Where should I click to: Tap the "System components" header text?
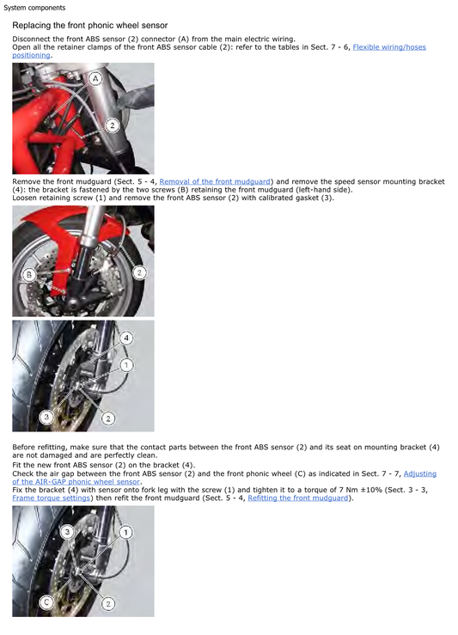coord(34,8)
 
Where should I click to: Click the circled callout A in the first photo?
coord(95,78)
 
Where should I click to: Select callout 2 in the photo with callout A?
coord(112,125)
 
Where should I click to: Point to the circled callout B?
coord(29,275)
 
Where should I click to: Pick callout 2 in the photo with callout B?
coord(139,272)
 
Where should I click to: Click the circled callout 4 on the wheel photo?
coord(126,338)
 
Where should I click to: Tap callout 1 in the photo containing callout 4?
coord(126,364)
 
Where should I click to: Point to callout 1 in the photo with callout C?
coord(125,533)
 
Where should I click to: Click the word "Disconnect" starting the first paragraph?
coord(33,39)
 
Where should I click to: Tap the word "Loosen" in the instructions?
coord(27,198)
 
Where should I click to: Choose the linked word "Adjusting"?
coord(419,473)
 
